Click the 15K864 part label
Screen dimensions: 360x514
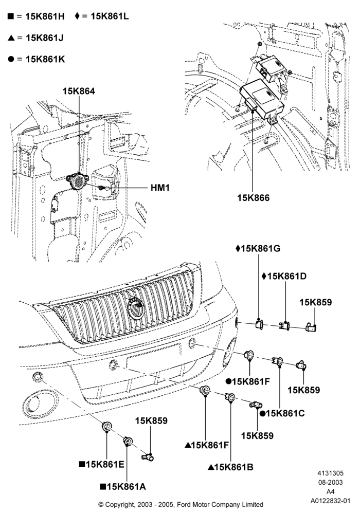pyautogui.click(x=79, y=91)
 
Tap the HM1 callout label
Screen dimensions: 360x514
pyautogui.click(x=160, y=188)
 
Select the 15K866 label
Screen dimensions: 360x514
pyautogui.click(x=253, y=198)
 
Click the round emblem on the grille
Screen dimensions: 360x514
pyautogui.click(x=135, y=308)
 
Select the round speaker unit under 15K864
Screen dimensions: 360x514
pyautogui.click(x=76, y=180)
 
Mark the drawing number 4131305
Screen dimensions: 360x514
pyautogui.click(x=331, y=473)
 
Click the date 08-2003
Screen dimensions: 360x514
pyautogui.click(x=331, y=482)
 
